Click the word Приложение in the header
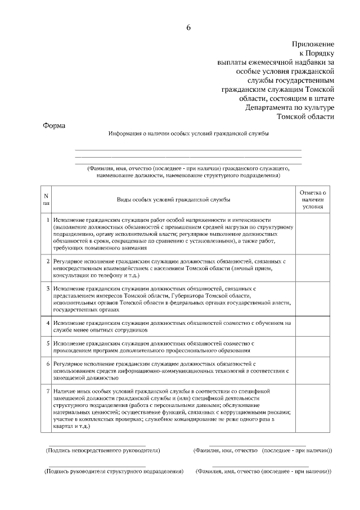(313, 43)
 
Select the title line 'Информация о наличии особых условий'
(188, 134)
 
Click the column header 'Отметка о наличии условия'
(313, 199)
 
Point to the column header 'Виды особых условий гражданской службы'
(173, 199)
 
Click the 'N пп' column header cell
(46, 199)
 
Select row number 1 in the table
(47, 219)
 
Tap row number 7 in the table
(47, 390)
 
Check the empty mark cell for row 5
(313, 346)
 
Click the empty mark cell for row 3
(313, 299)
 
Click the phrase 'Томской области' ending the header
(306, 117)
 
